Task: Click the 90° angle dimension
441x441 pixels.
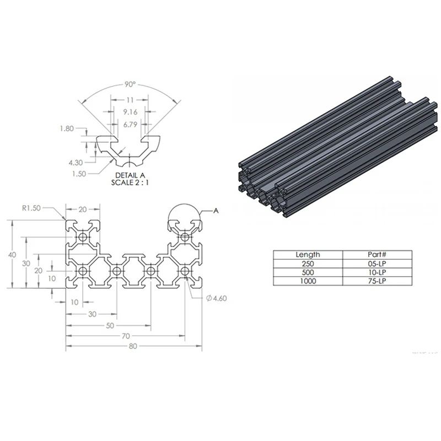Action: click(x=130, y=84)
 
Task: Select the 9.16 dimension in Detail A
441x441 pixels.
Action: click(x=130, y=112)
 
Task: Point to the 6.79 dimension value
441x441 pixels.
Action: click(x=130, y=125)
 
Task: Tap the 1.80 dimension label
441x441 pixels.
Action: click(x=67, y=128)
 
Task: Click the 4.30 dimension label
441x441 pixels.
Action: click(x=76, y=163)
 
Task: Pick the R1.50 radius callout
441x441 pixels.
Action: click(x=31, y=208)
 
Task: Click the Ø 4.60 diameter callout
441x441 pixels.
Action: click(x=216, y=298)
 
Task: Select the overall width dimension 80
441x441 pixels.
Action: click(x=133, y=346)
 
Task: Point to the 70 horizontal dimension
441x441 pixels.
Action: click(x=126, y=336)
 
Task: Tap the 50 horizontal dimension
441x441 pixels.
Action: click(x=110, y=326)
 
